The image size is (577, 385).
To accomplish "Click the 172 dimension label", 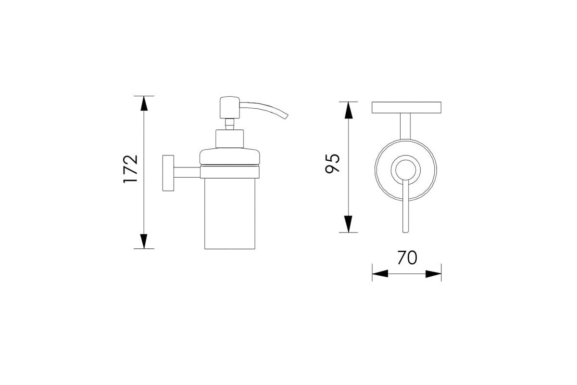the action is click(x=131, y=169).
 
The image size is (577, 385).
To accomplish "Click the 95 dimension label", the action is click(x=333, y=164).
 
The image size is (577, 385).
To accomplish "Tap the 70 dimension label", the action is click(x=407, y=257).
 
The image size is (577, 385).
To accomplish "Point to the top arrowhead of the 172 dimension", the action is click(x=144, y=103).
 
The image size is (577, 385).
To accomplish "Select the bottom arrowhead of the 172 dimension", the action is click(x=144, y=241).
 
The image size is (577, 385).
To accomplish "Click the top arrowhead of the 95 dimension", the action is click(x=349, y=110).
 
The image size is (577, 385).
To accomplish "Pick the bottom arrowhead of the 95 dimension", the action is click(x=349, y=224).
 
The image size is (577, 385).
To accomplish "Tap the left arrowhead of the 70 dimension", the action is click(x=380, y=274).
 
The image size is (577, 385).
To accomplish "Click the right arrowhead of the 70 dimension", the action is click(x=433, y=274).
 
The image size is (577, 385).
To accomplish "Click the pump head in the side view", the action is click(x=230, y=107).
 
